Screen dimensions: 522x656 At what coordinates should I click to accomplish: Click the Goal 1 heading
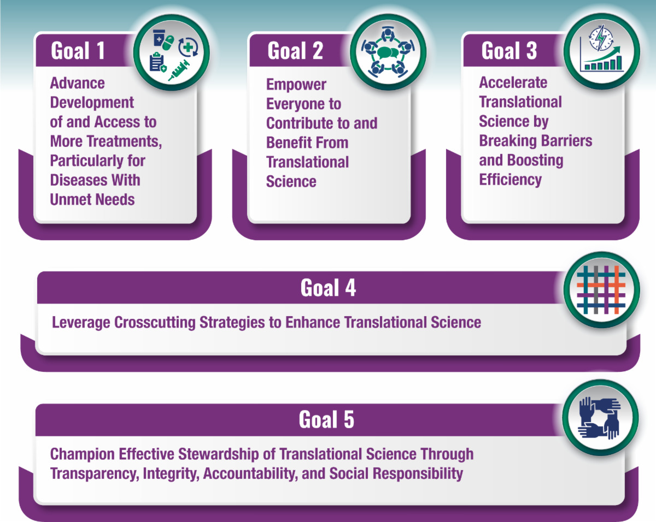point(78,51)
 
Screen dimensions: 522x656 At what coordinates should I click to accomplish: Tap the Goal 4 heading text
point(328,288)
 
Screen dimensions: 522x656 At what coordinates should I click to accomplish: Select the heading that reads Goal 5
point(326,420)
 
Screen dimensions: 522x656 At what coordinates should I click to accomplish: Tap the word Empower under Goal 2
point(296,85)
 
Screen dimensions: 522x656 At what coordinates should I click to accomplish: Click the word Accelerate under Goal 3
point(513,82)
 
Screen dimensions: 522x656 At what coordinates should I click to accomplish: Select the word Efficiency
point(511,180)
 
